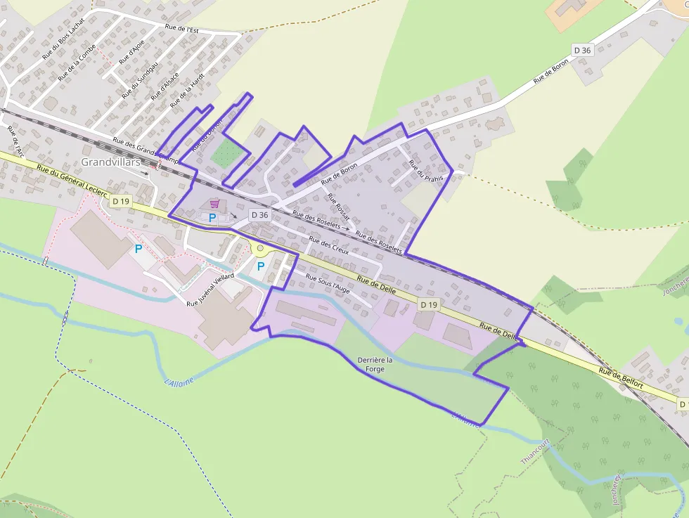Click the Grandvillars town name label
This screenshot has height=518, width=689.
[110, 162]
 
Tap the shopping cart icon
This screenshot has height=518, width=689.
[214, 204]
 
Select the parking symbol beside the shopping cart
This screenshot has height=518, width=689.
[212, 218]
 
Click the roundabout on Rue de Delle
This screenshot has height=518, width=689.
[260, 248]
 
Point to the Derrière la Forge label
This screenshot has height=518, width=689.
[375, 364]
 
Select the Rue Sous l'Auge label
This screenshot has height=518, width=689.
[327, 283]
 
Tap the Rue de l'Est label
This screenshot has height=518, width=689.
[181, 29]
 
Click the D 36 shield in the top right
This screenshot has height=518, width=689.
[582, 50]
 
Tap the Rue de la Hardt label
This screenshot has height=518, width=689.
[181, 93]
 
